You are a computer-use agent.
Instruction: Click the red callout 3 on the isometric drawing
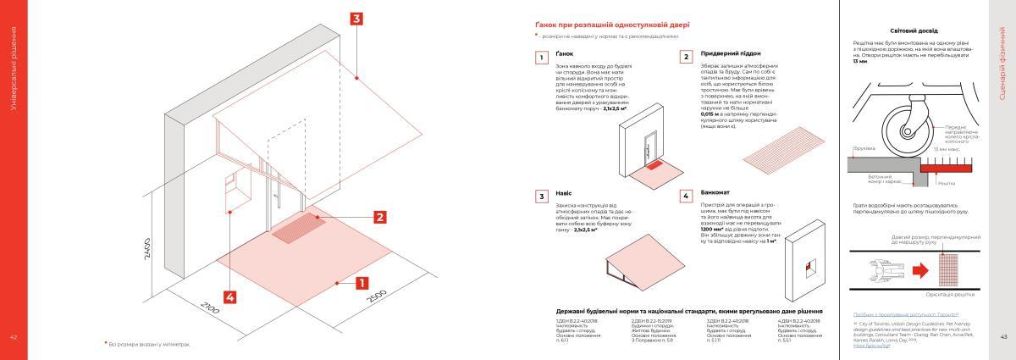pos(357,18)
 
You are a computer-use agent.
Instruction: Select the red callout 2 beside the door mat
pos(380,218)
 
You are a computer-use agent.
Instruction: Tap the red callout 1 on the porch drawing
pos(361,282)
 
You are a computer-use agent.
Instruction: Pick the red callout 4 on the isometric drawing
pos(229,296)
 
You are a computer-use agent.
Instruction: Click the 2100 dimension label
pos(211,309)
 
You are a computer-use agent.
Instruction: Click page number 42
pos(13,337)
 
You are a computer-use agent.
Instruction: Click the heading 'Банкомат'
pos(716,193)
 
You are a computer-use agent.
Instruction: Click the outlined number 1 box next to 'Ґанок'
pos(540,58)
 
